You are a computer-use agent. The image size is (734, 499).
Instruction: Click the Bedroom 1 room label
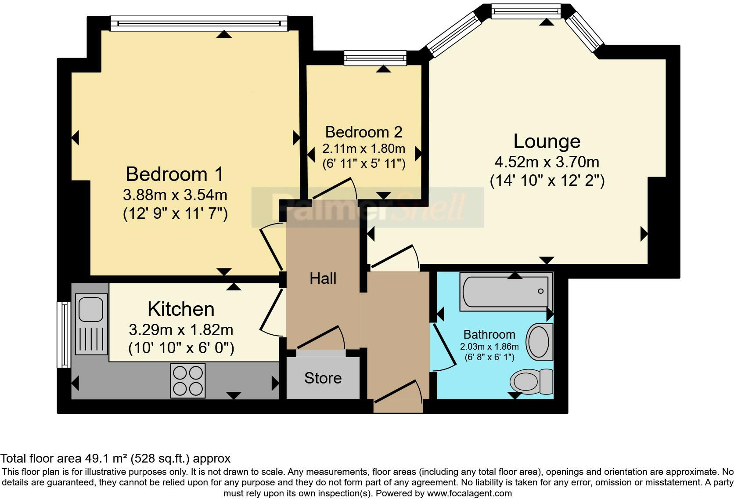coord(174,174)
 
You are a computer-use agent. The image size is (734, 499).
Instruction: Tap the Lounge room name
coord(547,141)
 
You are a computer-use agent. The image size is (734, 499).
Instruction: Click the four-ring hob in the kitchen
coord(188,380)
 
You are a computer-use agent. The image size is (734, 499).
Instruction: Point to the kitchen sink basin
coord(91,308)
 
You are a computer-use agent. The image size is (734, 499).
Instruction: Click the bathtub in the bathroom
coord(506,291)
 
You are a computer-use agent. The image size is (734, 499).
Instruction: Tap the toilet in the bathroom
coord(532,381)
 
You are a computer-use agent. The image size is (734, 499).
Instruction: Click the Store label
coord(323,378)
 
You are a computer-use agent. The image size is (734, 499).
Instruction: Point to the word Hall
coord(323,278)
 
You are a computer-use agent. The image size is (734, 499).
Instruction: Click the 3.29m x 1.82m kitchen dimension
coord(181,329)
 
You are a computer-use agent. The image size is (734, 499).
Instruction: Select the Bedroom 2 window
coord(375,58)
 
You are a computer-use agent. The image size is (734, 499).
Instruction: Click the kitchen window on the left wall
coord(65,334)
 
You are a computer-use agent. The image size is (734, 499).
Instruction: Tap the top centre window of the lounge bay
coord(526,11)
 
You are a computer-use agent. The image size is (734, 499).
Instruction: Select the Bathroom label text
coord(489,334)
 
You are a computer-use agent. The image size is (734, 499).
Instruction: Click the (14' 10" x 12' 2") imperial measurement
coord(547,181)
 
